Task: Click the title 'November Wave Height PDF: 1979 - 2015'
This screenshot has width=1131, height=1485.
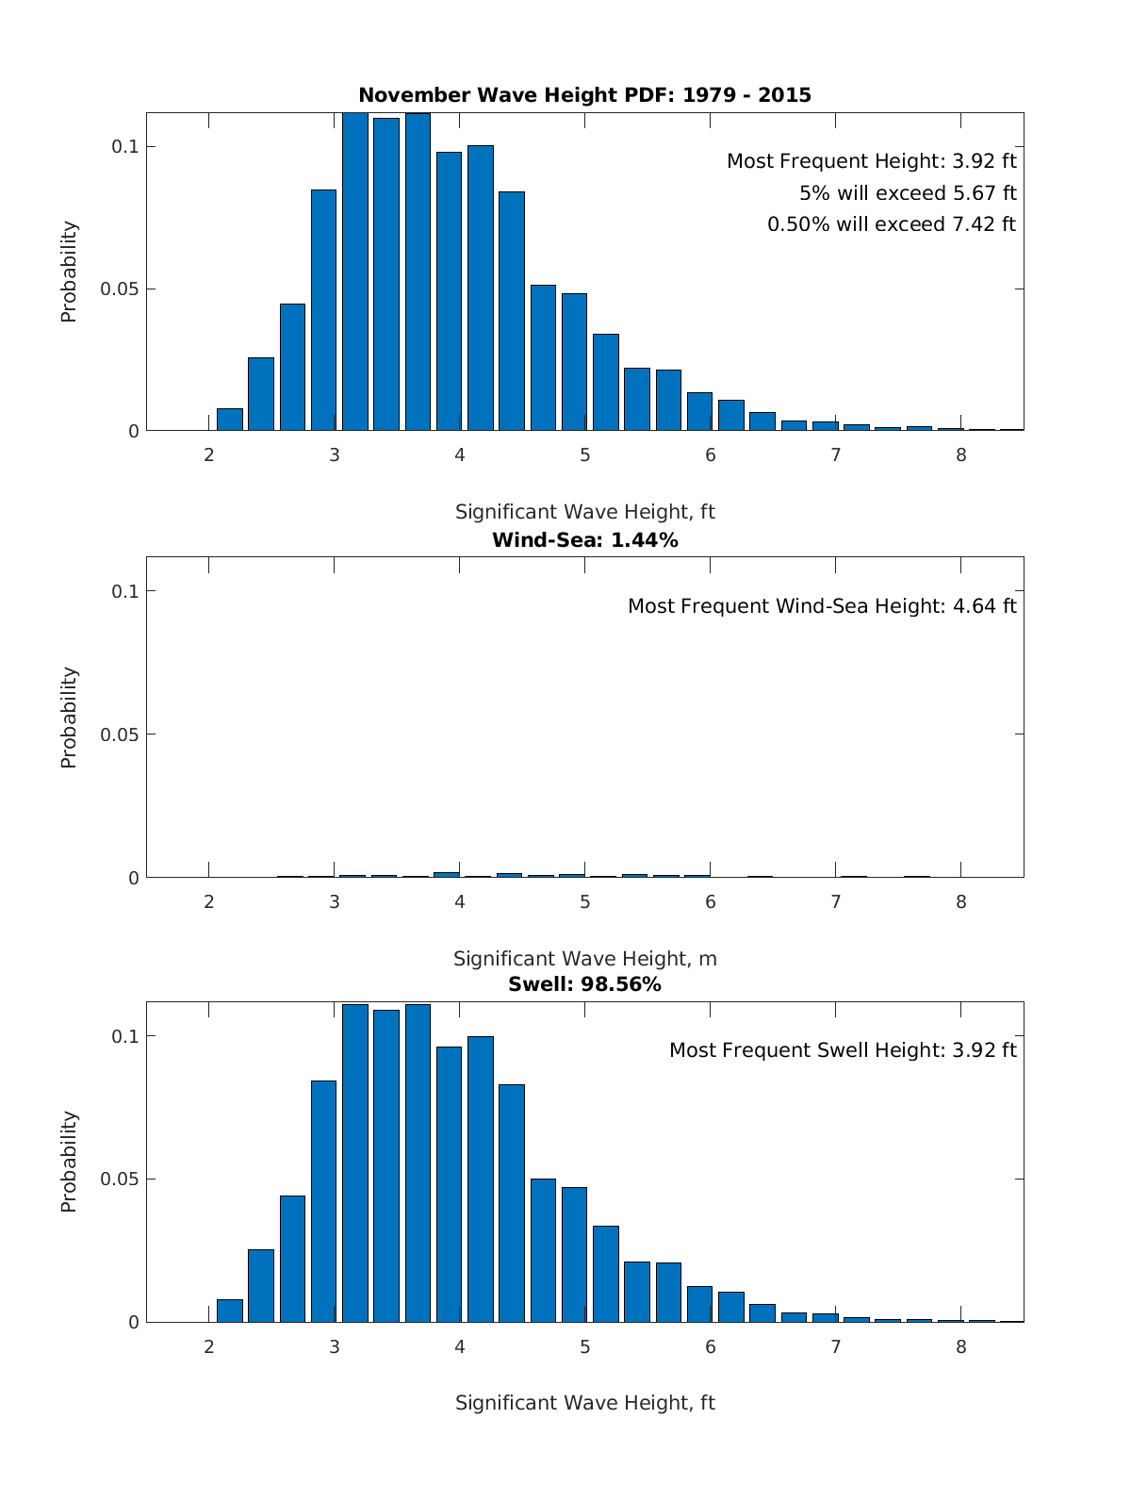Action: (x=584, y=94)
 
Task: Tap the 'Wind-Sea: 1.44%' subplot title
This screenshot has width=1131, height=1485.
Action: (x=584, y=540)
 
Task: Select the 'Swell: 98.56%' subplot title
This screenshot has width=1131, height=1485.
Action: (x=584, y=984)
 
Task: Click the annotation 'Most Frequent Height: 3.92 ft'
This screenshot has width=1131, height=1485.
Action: (x=871, y=161)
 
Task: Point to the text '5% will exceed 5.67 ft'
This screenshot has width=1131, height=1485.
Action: (x=907, y=193)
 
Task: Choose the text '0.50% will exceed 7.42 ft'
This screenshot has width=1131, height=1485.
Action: (x=891, y=224)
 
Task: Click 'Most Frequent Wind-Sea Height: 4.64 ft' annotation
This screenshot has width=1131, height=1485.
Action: (x=822, y=606)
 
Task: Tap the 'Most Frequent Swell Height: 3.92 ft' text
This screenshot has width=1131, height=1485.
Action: (x=843, y=1050)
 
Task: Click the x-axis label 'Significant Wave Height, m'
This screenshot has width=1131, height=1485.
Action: (x=584, y=959)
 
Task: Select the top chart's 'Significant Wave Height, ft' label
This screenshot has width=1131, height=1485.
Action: (x=584, y=512)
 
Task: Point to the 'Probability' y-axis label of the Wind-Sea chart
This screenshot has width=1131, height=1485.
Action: (x=69, y=718)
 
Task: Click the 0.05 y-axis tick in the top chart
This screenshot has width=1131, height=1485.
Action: (x=120, y=289)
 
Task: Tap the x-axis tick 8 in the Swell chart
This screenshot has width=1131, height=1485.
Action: (x=960, y=1347)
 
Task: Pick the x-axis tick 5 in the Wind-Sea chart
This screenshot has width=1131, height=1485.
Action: (x=584, y=901)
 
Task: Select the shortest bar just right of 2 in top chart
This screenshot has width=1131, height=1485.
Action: (x=230, y=420)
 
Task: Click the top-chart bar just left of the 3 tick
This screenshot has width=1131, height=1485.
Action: (x=323, y=311)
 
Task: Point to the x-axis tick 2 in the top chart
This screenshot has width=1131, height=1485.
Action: (x=208, y=454)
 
